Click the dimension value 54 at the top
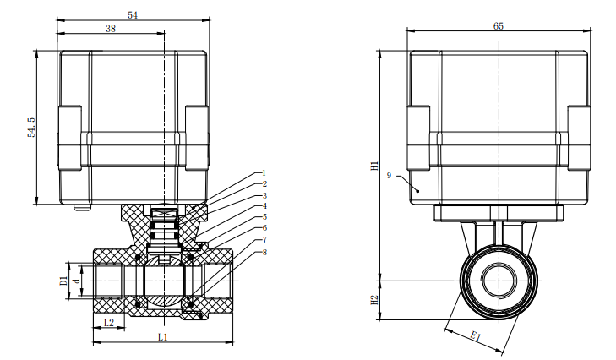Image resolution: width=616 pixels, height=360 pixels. (132, 14)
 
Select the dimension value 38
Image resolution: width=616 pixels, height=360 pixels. (111, 29)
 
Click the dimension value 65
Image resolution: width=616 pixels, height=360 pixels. (498, 26)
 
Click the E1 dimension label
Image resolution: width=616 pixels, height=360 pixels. (476, 338)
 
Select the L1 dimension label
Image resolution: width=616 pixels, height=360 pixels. (163, 336)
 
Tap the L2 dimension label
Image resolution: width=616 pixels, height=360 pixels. (108, 324)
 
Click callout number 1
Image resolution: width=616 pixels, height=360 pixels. (264, 172)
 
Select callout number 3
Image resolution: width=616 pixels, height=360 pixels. (264, 195)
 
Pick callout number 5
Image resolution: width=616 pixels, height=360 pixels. (264, 217)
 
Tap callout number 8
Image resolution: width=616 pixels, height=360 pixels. (264, 252)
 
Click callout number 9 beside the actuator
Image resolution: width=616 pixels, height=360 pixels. (388, 175)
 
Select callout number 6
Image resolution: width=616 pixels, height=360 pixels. (264, 228)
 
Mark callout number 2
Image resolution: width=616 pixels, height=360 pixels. (264, 183)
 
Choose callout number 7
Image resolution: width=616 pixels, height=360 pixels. (264, 240)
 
